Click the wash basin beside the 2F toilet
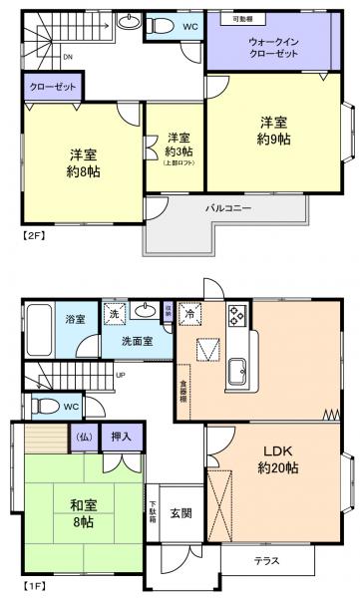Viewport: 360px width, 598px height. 129,21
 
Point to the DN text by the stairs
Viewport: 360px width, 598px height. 67,57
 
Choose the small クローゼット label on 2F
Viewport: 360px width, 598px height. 50,88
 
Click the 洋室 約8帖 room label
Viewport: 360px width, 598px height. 84,162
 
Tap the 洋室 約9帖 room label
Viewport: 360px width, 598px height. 274,130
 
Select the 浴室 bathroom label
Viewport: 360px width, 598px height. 76,320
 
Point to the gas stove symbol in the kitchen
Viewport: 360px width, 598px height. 237,316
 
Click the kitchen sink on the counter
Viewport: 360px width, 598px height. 239,372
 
